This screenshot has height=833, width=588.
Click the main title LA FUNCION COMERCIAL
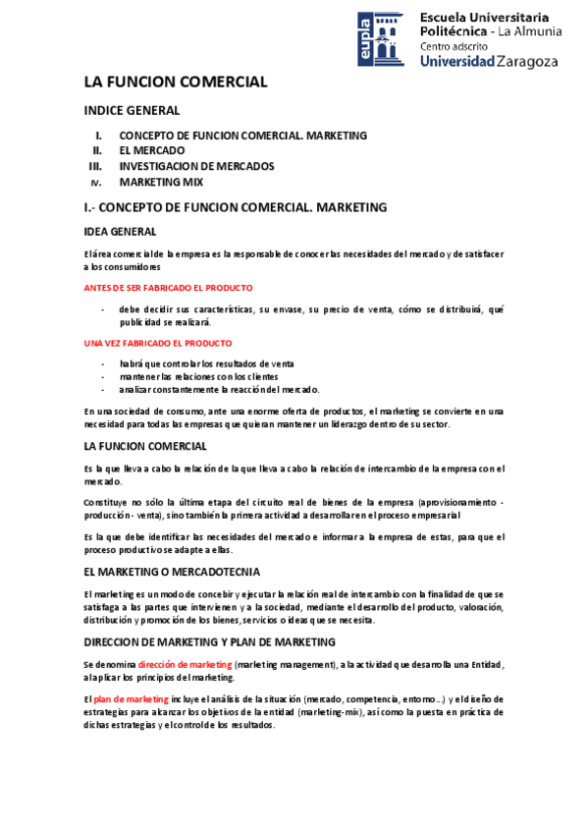176,83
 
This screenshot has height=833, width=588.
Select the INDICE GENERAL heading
132,111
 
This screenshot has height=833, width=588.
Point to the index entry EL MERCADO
152,151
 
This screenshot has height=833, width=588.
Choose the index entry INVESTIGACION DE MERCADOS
196,166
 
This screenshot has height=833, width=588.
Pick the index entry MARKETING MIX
161,182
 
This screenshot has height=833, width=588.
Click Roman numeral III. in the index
96,166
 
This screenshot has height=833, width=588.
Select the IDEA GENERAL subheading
120,232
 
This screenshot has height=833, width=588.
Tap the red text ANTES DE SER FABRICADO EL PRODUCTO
168,288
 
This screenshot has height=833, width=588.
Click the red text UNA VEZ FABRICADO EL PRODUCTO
158,344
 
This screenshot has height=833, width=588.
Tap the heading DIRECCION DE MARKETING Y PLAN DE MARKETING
210,641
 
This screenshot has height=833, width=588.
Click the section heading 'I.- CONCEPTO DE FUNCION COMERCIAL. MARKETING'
236,207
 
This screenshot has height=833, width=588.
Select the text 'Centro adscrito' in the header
452,45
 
